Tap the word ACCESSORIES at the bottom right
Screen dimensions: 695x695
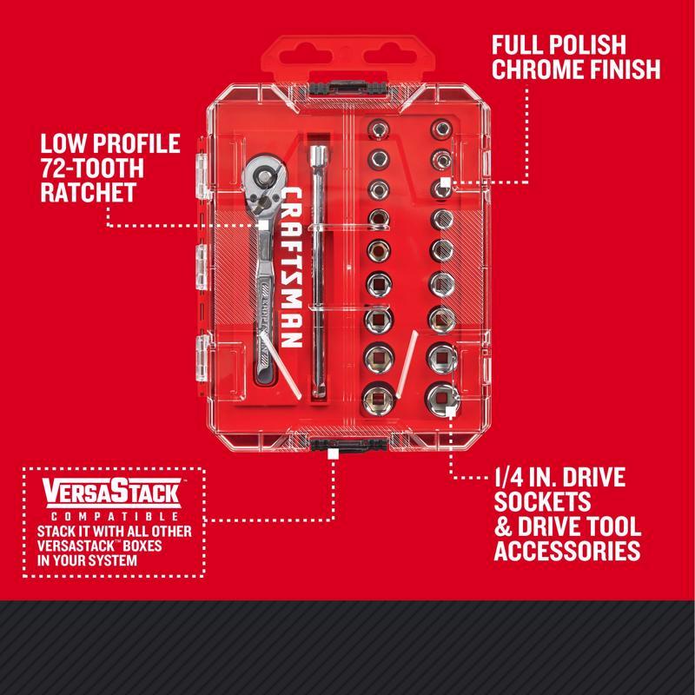pyautogui.click(x=566, y=550)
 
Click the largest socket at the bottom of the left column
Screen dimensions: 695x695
pyautogui.click(x=381, y=400)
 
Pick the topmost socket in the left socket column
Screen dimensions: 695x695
pyautogui.click(x=379, y=130)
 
